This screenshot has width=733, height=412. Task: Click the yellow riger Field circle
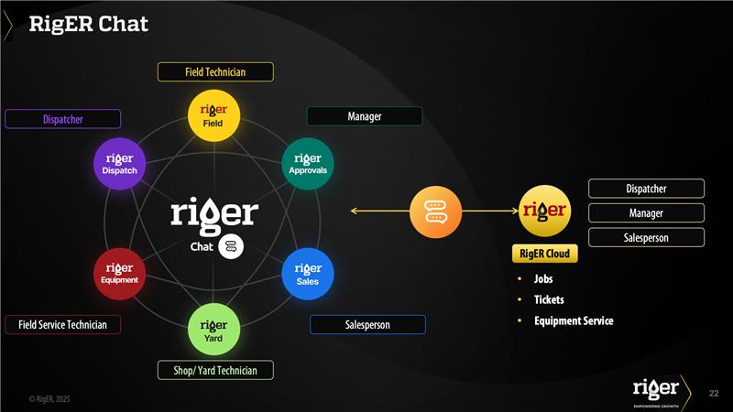[x=213, y=115]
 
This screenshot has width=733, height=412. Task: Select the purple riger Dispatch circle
[x=119, y=164]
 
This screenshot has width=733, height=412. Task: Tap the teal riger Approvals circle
[x=308, y=164]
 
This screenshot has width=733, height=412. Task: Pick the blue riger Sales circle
[x=308, y=274]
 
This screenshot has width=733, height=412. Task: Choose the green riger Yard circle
[x=213, y=330]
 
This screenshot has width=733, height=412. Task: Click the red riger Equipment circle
[x=119, y=274]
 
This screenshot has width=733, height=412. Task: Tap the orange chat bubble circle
[x=436, y=211]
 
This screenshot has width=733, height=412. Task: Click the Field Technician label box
[x=215, y=72]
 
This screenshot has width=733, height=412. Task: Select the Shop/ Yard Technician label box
[x=215, y=371]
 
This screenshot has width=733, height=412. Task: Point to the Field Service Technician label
[x=62, y=325]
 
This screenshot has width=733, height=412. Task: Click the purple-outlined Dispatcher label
[x=62, y=119]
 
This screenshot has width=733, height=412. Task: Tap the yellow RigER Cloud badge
[x=544, y=254]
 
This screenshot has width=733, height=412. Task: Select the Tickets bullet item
[x=549, y=299]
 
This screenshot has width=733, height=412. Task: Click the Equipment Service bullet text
[x=574, y=321]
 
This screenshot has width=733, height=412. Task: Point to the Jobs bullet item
[x=543, y=279]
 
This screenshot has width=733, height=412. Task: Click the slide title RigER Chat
[x=88, y=24]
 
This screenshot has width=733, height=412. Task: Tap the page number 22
[x=714, y=394]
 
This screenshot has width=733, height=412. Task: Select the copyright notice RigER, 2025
[x=49, y=399]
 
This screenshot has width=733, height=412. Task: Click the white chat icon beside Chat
[x=231, y=246]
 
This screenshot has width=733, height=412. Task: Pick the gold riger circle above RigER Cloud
[x=544, y=211]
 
